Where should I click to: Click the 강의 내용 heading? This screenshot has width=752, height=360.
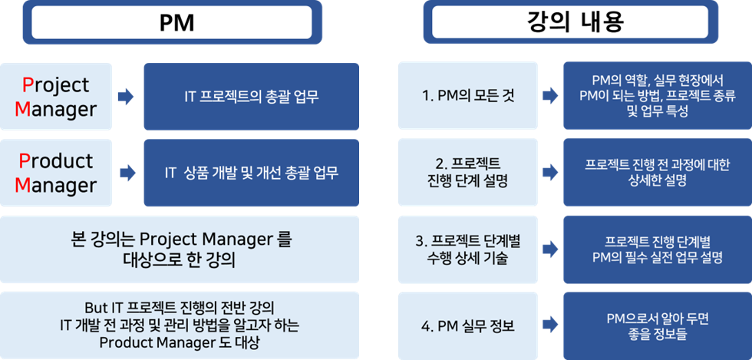[x=571, y=22]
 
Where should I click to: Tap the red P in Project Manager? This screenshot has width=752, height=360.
[x=28, y=85]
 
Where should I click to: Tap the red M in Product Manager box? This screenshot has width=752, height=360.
[x=22, y=185]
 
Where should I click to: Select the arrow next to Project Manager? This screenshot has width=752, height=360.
[x=126, y=97]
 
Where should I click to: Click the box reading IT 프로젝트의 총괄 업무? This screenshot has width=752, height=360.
[x=252, y=97]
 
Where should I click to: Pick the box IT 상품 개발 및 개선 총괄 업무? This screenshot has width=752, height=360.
[x=252, y=173]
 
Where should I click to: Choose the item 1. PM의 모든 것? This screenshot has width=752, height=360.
[x=467, y=95]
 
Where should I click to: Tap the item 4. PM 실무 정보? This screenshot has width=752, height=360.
[x=467, y=326]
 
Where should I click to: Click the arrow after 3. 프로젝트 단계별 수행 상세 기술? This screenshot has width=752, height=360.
[x=550, y=249]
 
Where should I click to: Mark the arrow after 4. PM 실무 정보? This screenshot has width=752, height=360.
[x=550, y=326]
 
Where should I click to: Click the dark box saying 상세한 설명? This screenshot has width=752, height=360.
[x=658, y=172]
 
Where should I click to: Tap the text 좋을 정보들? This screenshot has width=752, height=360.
[x=658, y=334]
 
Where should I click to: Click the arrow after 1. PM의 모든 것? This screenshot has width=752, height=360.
[x=550, y=95]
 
